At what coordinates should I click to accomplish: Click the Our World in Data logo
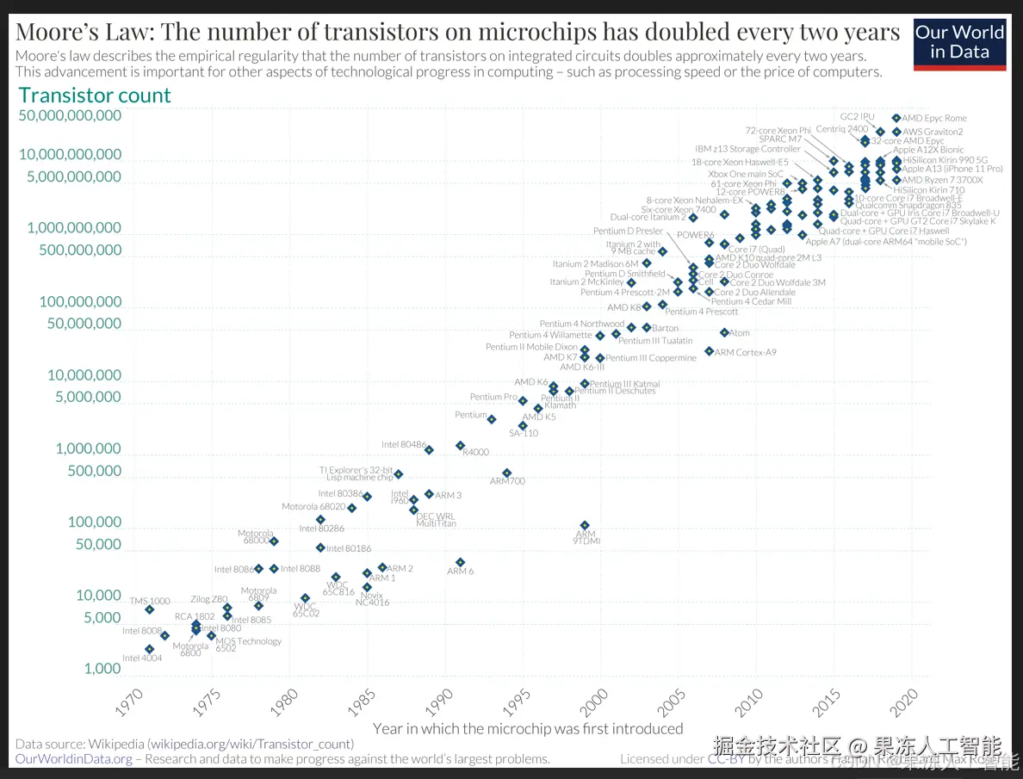point(959,42)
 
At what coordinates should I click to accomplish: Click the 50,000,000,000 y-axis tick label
point(70,115)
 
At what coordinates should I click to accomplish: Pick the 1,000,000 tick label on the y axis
point(89,448)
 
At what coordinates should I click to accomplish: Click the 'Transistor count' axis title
point(95,96)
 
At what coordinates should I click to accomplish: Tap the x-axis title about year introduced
point(528,728)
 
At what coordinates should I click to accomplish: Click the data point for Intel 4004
point(150,649)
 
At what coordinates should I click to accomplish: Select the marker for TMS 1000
point(150,609)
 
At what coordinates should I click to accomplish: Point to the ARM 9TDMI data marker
point(585,525)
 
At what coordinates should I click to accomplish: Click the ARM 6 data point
point(461,562)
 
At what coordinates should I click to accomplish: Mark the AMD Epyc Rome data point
point(896,118)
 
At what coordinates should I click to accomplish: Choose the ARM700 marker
point(507,473)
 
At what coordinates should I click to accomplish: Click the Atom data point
point(724,332)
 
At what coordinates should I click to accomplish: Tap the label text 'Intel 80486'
point(404,445)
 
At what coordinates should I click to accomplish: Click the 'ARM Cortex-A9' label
point(745,352)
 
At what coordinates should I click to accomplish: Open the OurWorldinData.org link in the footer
point(74,758)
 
